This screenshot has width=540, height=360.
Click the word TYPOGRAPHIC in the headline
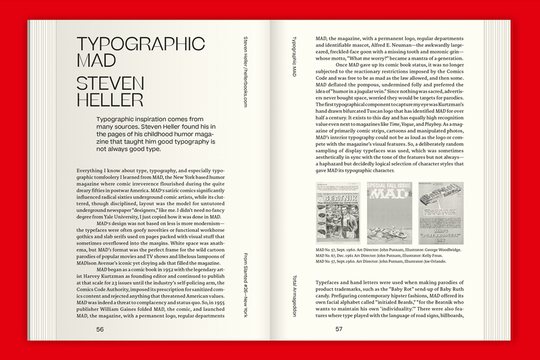(x=140, y=44)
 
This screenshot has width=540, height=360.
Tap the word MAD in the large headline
(x=96, y=61)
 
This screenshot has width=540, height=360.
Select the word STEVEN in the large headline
(x=110, y=84)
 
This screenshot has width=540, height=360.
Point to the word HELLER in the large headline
(x=110, y=100)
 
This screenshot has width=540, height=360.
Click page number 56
(x=100, y=329)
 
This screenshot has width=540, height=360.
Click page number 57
(x=339, y=329)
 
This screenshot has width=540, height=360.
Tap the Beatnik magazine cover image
(x=338, y=213)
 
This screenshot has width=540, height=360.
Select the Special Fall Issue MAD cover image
(x=389, y=213)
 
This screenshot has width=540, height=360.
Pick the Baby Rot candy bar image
(x=441, y=213)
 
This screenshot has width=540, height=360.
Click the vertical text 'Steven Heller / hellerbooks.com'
(x=246, y=72)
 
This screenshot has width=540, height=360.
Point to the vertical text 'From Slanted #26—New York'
(x=246, y=285)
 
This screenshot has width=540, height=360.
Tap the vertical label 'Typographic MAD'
(x=294, y=56)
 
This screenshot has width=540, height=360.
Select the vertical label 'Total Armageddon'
(x=294, y=296)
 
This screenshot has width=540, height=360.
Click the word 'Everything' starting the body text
(x=89, y=171)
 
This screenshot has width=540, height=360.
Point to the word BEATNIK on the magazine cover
(x=340, y=198)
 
